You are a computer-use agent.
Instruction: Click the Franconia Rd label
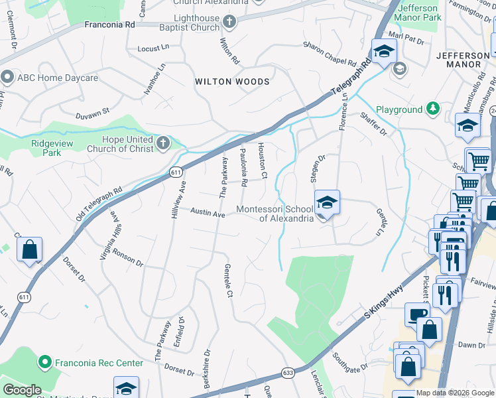(x=109, y=24)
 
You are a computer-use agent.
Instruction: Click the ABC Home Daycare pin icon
(x=7, y=78)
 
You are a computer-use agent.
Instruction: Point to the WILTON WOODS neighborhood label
(x=232, y=82)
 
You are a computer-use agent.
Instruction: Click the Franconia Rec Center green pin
(x=45, y=363)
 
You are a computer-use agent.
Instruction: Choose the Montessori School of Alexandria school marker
(x=327, y=203)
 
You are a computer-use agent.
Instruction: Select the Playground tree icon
(x=433, y=108)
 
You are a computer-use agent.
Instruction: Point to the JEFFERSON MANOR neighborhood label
(x=459, y=59)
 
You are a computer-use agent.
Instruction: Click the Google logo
(x=21, y=390)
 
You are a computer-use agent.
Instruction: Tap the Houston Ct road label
(x=262, y=161)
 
